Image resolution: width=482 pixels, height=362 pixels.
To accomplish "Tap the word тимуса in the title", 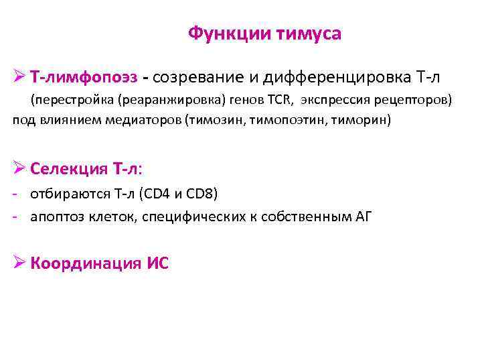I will pos(308,34).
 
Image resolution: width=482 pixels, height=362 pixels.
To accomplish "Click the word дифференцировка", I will pos(333,78).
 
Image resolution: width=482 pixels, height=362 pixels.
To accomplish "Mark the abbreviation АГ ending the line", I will pos(365,216).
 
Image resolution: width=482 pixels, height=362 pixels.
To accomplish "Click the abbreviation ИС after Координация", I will pos(158,263).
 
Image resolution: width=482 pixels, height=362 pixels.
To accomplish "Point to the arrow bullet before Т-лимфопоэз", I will pos(19,78).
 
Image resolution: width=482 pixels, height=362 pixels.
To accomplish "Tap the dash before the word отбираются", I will pos(15,194).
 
